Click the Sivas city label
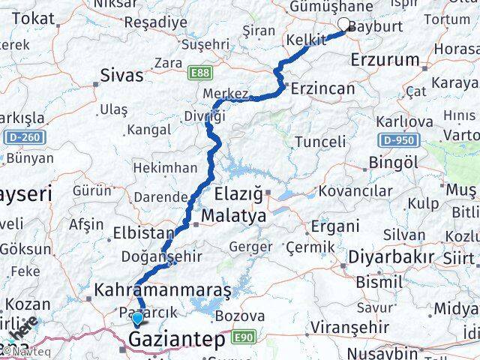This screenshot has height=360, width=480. click(123, 75)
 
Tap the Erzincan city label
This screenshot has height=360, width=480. click(322, 88)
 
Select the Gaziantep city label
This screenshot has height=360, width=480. click(177, 340)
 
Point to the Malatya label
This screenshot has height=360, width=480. click(234, 216)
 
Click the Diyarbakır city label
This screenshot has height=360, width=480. click(390, 258)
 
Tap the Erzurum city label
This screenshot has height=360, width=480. click(390, 58)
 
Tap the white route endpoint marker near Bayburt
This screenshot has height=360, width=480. click(345, 24)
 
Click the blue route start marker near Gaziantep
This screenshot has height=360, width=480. click(137, 319)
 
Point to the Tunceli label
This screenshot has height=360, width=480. click(321, 142)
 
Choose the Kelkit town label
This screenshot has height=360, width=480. click(304, 37)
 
